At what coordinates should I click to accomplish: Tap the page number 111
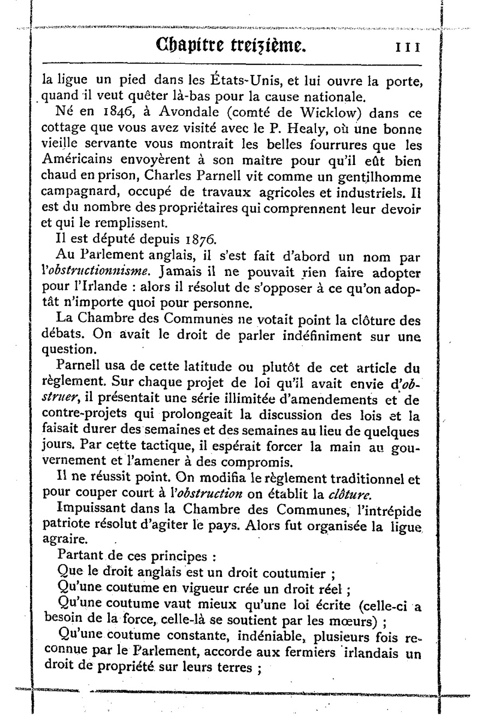coord(407,47)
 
